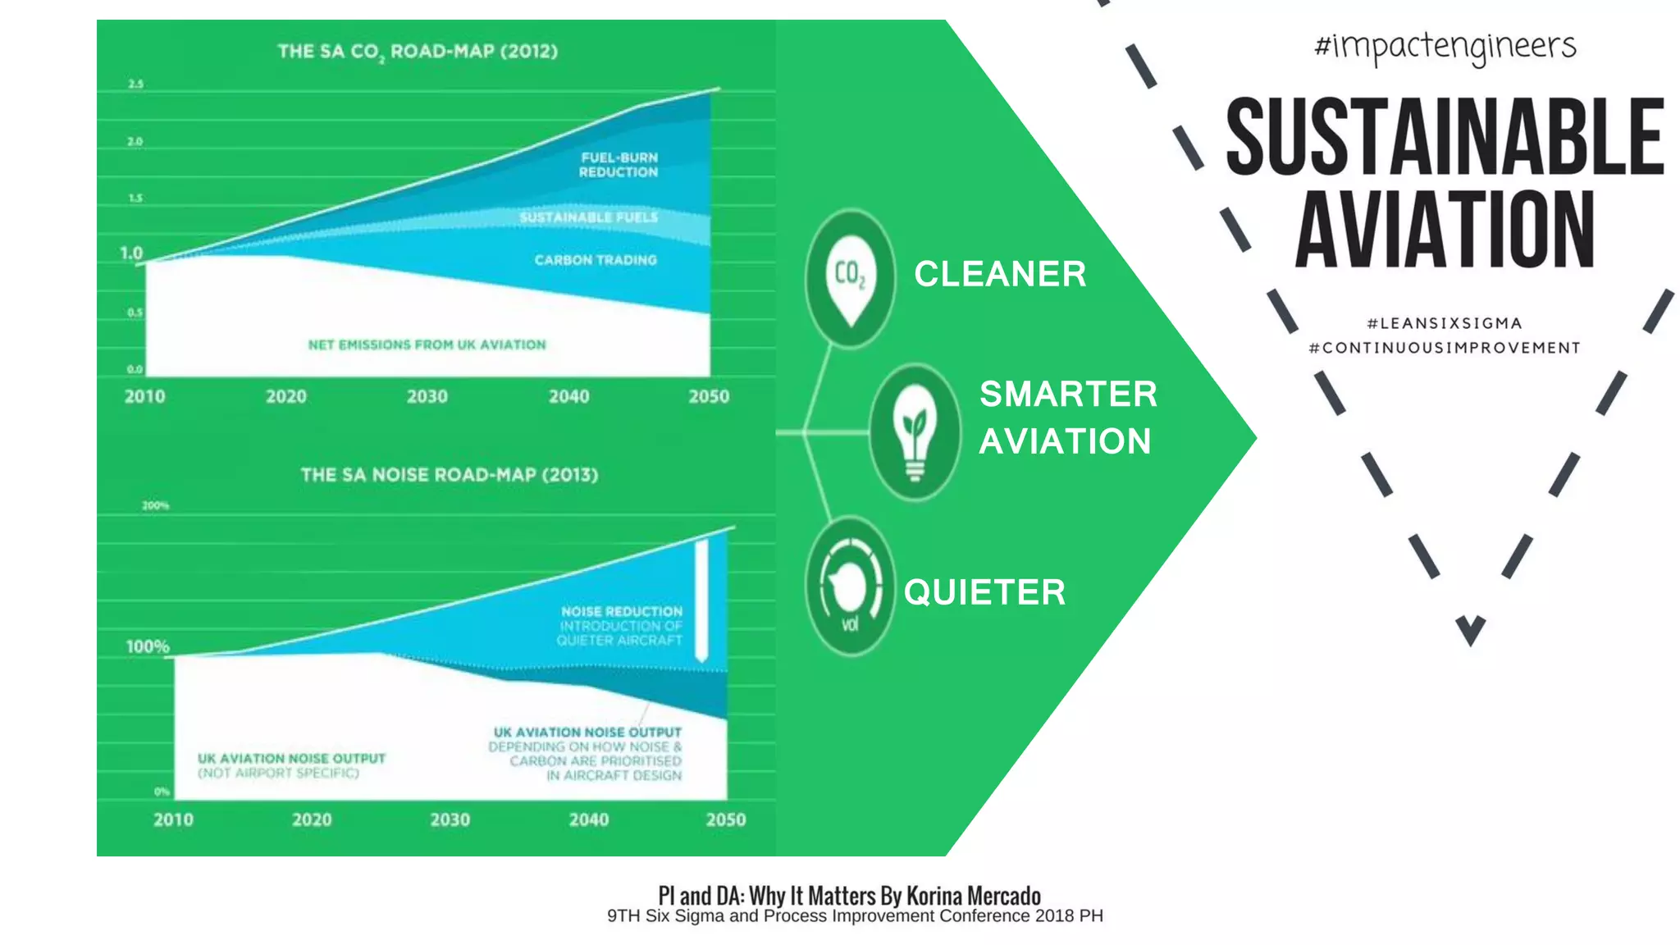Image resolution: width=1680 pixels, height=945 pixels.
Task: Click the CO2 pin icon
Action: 850,277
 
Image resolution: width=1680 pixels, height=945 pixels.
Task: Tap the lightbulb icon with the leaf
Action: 914,432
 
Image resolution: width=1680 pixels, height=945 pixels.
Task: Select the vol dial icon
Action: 850,587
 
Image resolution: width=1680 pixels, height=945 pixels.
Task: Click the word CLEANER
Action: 1000,274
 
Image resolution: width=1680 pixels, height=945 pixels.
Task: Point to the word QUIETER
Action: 984,592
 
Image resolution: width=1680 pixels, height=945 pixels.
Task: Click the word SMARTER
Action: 1068,395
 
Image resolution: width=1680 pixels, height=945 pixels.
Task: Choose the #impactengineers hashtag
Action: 1445,47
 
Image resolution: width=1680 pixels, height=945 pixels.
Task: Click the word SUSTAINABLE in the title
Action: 1444,136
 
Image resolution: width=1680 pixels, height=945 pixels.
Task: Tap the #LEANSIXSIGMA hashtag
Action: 1445,323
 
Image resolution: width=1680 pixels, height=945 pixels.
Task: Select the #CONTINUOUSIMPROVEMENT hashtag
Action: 1445,348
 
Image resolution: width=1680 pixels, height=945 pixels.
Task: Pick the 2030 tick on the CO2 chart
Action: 427,397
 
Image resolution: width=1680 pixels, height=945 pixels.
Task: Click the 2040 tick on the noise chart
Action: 589,819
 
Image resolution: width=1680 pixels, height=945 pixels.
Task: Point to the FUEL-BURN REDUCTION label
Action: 619,165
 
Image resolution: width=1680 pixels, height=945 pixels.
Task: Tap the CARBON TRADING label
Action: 596,260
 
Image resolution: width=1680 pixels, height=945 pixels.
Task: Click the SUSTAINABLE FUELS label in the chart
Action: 588,217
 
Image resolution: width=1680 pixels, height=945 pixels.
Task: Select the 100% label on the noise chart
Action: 148,646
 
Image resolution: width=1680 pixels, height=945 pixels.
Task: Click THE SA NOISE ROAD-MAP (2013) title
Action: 449,475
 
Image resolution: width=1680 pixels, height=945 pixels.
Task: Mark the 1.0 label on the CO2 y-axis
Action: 131,253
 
